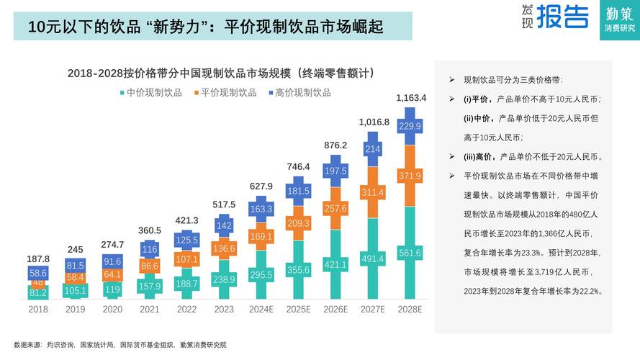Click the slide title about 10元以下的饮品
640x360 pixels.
click(204, 27)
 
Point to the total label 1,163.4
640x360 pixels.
click(410, 97)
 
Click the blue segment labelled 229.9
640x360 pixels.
click(410, 126)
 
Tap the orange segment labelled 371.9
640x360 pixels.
click(410, 176)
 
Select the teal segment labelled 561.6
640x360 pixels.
click(410, 252)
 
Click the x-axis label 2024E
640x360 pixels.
click(261, 309)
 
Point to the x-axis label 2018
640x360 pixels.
click(38, 309)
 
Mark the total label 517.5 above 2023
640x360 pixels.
click(224, 204)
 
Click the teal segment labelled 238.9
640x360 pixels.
click(224, 279)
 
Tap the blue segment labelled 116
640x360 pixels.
click(150, 250)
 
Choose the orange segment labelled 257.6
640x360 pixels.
click(335, 208)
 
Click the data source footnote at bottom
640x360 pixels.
click(120, 345)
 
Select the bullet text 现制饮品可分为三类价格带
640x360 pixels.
click(513, 80)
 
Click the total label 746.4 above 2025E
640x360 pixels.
click(298, 166)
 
